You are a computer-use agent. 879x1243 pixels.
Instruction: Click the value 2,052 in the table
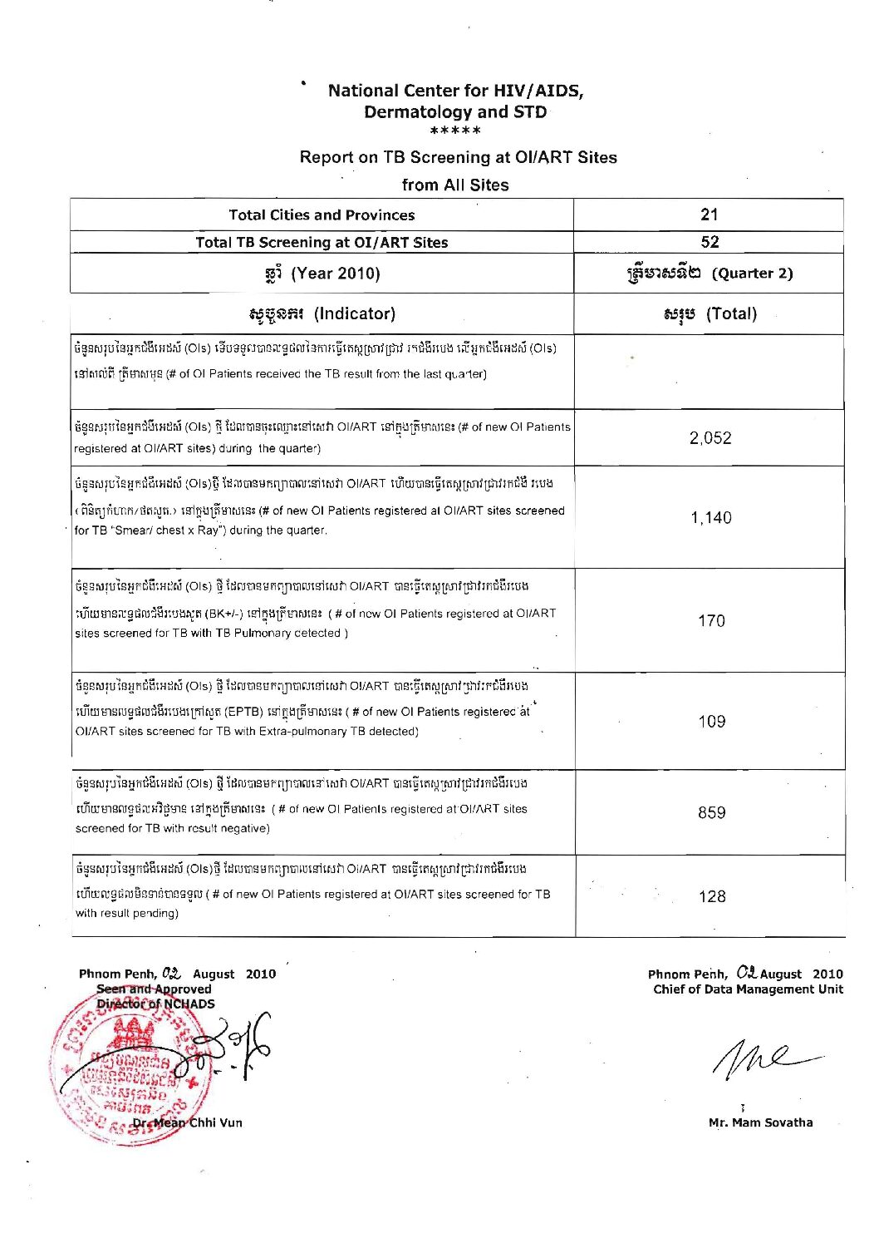click(710, 438)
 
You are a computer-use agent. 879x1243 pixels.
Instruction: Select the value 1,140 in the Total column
click(711, 518)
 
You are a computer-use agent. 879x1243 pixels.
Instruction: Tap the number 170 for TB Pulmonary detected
click(711, 621)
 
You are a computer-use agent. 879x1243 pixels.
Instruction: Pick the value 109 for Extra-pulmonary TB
click(712, 722)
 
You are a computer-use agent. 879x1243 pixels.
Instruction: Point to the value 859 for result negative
click(712, 813)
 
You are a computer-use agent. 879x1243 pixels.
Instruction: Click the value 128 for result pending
click(712, 896)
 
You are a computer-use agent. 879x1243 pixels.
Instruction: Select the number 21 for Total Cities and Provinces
click(709, 215)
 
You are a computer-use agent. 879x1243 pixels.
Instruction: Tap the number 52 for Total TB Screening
click(709, 242)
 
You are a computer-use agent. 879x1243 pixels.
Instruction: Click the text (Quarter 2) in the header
click(752, 274)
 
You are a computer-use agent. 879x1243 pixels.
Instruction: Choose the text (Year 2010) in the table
click(336, 274)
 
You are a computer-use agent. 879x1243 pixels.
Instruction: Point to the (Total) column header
click(731, 314)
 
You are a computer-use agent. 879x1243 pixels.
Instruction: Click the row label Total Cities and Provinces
click(322, 215)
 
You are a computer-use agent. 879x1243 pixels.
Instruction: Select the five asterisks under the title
click(455, 131)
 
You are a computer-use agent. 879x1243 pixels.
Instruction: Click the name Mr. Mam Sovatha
click(760, 1122)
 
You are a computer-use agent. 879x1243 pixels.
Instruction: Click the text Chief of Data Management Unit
click(748, 989)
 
